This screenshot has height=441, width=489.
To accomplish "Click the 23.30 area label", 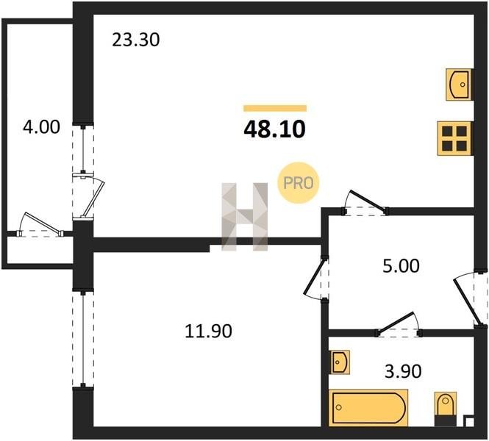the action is point(135,40).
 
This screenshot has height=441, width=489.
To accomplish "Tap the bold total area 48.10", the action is point(274,129).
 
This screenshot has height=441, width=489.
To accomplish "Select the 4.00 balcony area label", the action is point(41,127).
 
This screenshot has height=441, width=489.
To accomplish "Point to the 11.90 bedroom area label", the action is point(208,331).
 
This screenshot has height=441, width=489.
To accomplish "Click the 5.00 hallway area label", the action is point(401,266).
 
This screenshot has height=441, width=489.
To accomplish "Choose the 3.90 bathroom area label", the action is point(403,371).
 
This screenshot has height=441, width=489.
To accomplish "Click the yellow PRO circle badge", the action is point(299,183).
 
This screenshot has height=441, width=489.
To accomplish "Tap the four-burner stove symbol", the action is point(454,138).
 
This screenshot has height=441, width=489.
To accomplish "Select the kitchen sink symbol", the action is point(458,85).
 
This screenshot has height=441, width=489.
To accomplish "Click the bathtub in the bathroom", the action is point(368,407).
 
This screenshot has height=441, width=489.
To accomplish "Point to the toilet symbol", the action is point(446,408).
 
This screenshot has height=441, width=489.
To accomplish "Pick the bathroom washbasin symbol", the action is point(340,362).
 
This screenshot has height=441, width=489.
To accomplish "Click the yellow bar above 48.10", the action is point(275,108).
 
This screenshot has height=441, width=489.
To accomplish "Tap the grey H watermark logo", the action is point(244,217).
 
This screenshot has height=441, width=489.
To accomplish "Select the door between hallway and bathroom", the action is point(399,326).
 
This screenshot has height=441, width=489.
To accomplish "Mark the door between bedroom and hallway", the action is point(316,278).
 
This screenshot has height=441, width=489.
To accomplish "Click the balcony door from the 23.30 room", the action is point(88,197).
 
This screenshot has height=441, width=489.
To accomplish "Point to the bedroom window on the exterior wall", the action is point(83,340).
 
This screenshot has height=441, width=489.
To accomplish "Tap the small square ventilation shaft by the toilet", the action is point(468,421).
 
